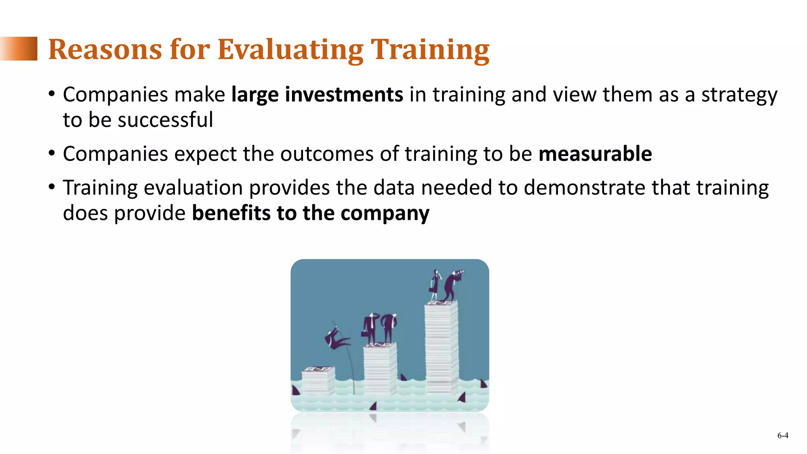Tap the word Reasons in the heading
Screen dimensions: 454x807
tap(105, 50)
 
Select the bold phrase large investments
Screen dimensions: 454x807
tap(317, 95)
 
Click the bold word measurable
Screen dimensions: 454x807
tap(595, 154)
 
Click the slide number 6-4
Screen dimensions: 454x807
tap(783, 435)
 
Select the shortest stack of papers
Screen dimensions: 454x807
tap(318, 380)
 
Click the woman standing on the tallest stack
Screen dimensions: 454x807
tap(435, 285)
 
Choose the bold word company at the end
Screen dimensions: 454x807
tap(385, 214)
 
